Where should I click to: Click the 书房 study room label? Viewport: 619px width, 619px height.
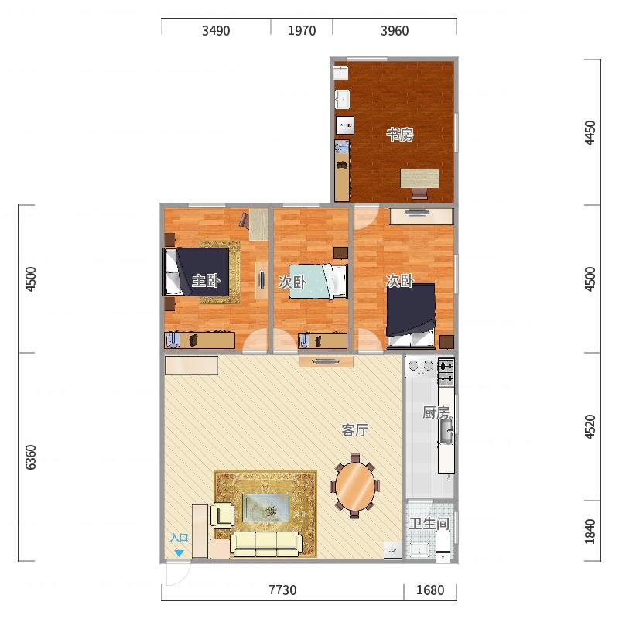399,135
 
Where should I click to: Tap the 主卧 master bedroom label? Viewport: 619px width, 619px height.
206,281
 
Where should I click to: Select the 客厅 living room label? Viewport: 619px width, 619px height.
355,430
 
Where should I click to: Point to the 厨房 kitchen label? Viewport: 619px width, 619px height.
436,412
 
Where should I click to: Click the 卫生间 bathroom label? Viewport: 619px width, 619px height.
429,524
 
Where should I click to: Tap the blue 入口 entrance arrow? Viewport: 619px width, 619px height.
180,553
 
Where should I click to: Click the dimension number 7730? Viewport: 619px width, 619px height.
282,590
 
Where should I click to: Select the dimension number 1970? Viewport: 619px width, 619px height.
302,30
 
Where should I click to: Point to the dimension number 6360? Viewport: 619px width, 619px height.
31,457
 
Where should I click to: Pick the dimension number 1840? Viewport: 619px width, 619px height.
590,532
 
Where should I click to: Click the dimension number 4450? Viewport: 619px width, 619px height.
590,132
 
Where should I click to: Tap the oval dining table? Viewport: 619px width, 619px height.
355,487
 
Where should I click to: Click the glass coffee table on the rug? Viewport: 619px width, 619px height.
265,508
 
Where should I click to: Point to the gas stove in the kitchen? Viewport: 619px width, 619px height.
446,371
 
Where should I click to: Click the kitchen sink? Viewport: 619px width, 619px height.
446,432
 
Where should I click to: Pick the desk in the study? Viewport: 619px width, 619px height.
420,179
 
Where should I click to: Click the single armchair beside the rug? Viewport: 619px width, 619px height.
222,515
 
